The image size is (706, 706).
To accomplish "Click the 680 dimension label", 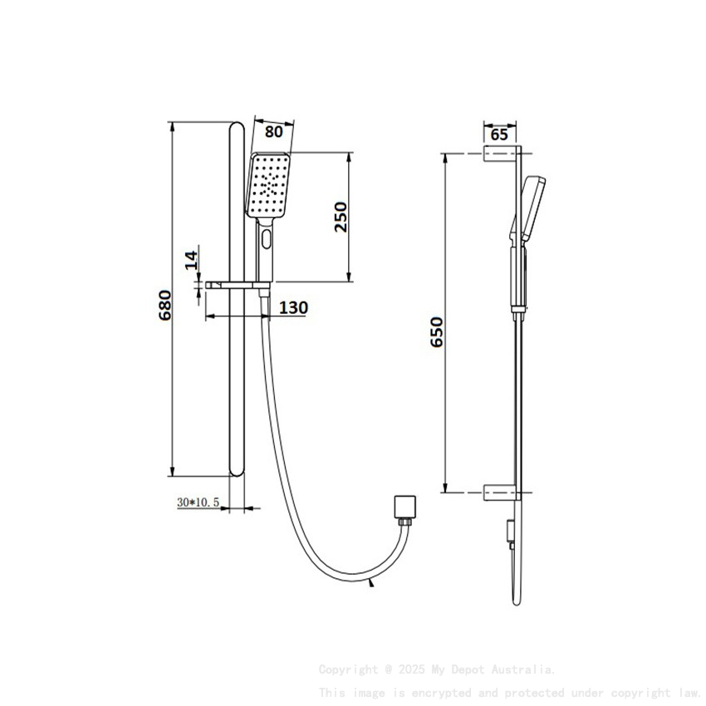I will click(x=165, y=306).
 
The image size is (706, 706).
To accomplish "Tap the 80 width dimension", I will click(x=273, y=131).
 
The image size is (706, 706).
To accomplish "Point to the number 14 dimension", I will click(x=191, y=259).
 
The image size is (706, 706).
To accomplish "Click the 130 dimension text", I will click(x=292, y=308).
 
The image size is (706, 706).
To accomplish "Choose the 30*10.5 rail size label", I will click(x=198, y=502).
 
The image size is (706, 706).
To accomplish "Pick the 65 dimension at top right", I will click(x=499, y=135).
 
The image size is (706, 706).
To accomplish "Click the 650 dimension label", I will click(x=438, y=331).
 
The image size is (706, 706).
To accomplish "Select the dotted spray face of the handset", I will click(x=269, y=184).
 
